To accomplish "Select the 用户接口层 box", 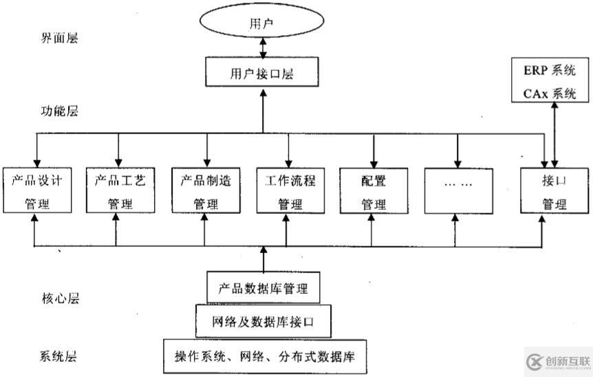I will [262, 72].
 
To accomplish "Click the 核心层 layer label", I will [61, 299].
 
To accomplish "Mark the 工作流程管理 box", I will [289, 191].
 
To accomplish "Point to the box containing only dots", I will [457, 190].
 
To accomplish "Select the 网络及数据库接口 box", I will [262, 321].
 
